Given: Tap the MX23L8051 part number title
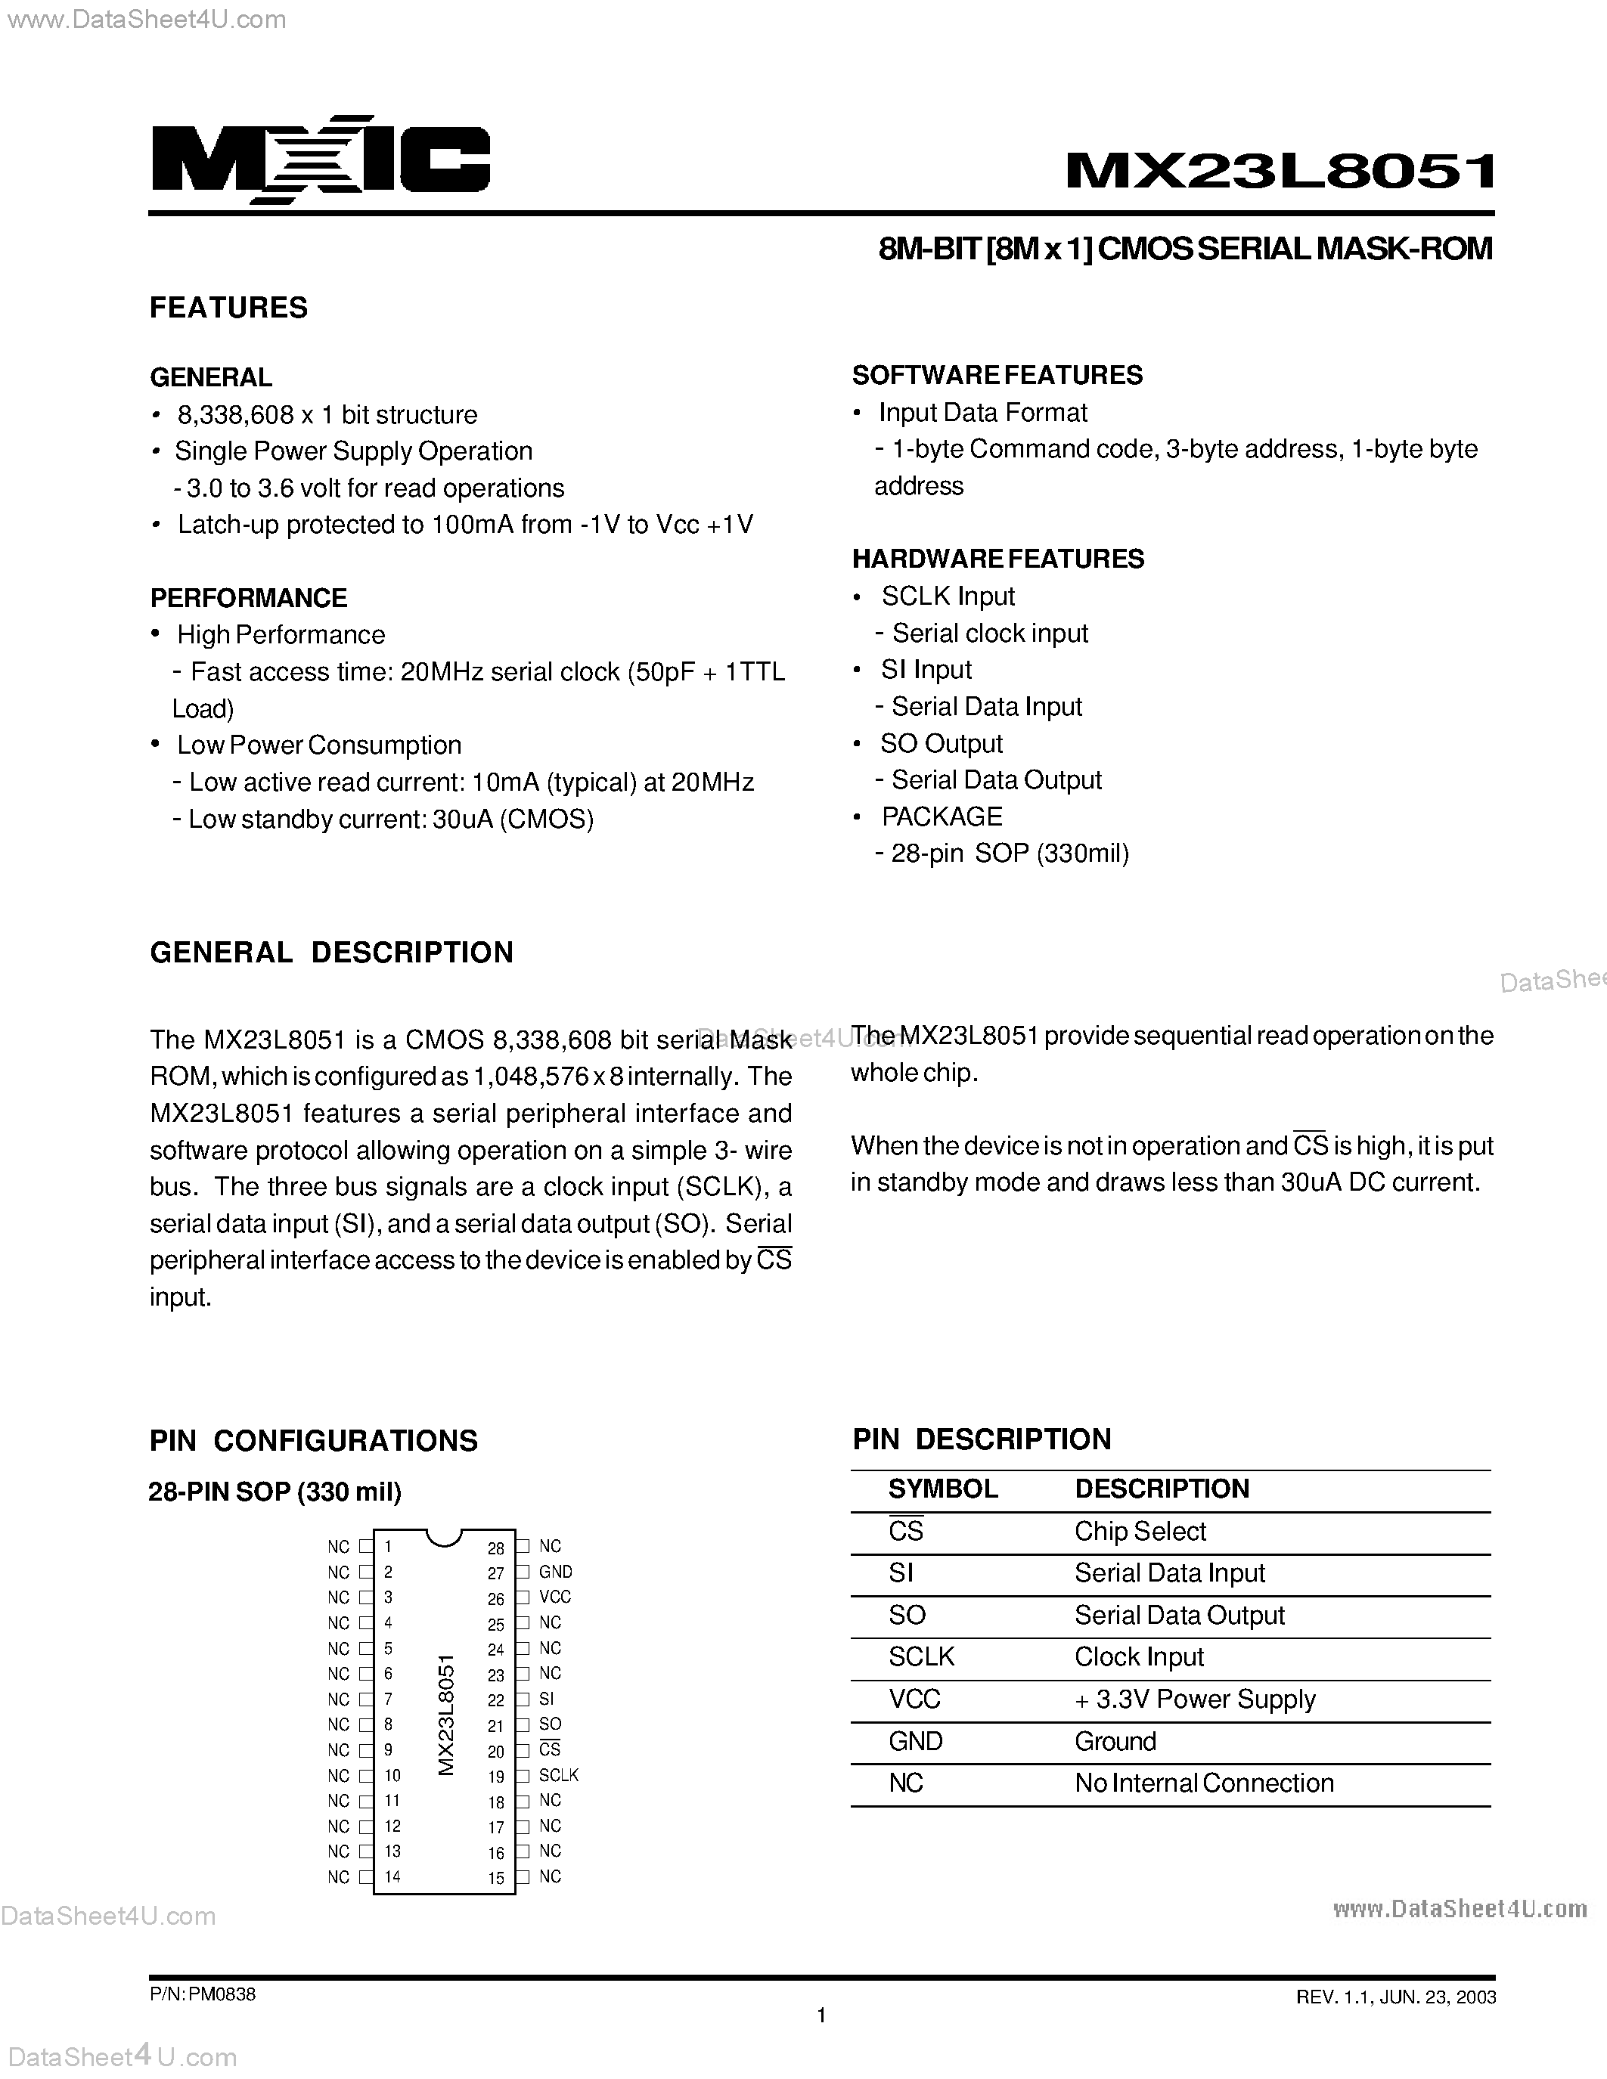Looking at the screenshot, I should (x=1280, y=172).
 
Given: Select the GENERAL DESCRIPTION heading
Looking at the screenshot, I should (x=331, y=953).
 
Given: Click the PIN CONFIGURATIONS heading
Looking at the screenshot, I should (x=313, y=1440).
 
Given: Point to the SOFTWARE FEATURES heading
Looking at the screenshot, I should (x=997, y=375).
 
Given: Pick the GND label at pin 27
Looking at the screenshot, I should (x=555, y=1572).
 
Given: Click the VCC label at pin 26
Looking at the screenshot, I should (x=554, y=1597).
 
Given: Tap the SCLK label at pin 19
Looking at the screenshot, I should (x=558, y=1774).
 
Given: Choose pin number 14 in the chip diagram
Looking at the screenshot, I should (x=392, y=1876).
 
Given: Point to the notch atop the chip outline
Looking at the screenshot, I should (x=444, y=1535).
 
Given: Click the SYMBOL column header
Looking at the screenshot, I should (x=942, y=1489).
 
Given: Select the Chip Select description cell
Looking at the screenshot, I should (x=1140, y=1531).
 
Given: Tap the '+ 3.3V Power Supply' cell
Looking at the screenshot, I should (x=1195, y=1699).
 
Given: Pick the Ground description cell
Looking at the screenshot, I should (x=1115, y=1741).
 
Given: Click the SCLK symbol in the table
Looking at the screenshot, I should (x=920, y=1657).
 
